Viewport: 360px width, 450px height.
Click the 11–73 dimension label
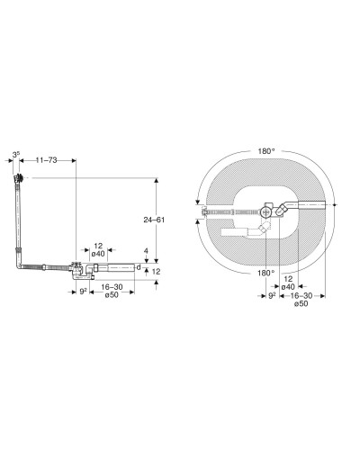[x=46, y=160]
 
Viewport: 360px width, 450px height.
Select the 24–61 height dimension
[x=154, y=220]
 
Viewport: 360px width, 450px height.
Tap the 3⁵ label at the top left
[x=16, y=155]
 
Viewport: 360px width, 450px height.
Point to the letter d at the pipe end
[x=139, y=267]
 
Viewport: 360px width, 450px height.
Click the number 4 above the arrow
[x=146, y=251]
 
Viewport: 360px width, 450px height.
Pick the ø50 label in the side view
[x=112, y=295]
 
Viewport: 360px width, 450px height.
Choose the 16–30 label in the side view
[x=112, y=287]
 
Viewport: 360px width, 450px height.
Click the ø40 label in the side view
[x=98, y=254]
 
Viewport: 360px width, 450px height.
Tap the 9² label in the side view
[x=83, y=292]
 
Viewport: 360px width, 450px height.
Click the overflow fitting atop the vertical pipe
[x=19, y=178]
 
